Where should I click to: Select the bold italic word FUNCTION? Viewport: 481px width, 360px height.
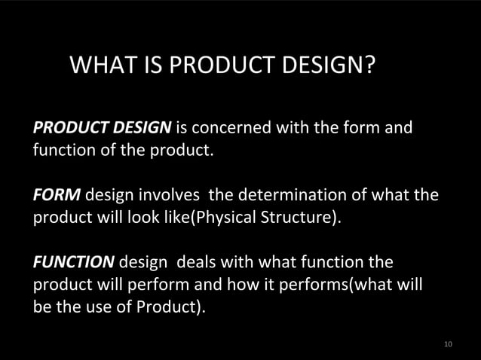click(x=73, y=264)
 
